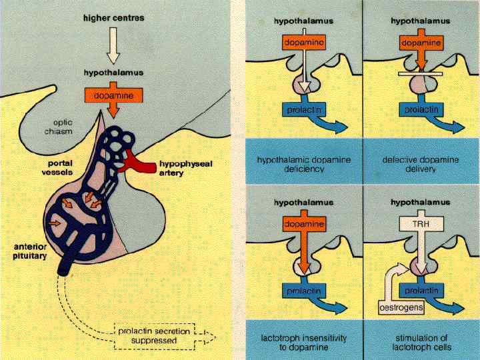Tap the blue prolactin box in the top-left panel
coord(303,109)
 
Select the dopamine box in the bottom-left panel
coord(303,224)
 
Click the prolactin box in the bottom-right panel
coord(421,291)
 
